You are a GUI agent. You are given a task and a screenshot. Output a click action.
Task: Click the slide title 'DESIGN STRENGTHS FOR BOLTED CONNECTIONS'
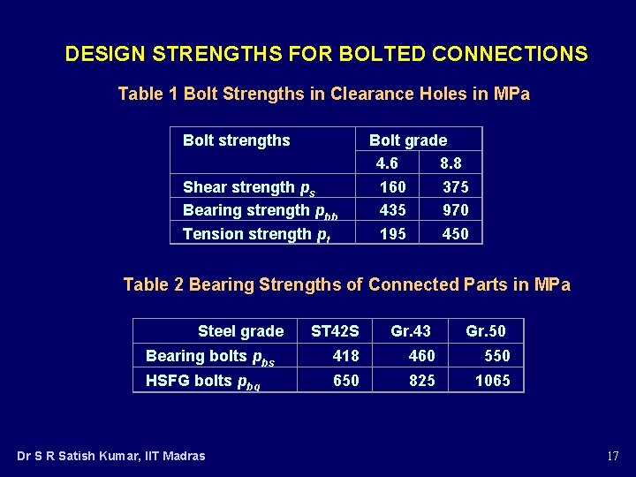326,55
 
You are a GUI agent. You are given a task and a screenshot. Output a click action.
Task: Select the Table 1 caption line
323,95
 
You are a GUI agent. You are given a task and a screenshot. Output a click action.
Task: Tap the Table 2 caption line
346,284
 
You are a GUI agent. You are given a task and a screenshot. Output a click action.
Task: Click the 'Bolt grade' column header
407,140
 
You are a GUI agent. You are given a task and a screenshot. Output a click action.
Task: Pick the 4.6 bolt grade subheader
387,163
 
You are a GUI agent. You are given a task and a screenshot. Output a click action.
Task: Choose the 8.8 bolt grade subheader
450,163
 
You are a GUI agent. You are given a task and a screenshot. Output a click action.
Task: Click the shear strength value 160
392,187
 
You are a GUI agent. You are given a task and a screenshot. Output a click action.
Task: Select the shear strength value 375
456,187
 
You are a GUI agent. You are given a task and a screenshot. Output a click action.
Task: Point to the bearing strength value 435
392,210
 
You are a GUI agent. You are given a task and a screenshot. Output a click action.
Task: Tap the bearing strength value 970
456,210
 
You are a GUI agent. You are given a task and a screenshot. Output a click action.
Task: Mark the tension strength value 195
392,233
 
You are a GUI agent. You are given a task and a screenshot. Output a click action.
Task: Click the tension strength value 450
456,233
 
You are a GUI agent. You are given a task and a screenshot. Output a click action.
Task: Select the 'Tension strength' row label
248,234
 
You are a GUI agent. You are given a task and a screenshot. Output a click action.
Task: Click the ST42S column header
335,331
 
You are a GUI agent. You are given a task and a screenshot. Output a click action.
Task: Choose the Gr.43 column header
411,331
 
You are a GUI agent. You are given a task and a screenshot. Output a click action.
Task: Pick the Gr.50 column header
486,331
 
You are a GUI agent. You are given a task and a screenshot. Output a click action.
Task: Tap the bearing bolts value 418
345,356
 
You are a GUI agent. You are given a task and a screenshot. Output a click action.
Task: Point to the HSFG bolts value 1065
492,381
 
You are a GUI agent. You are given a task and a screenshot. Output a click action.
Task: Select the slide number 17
612,457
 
